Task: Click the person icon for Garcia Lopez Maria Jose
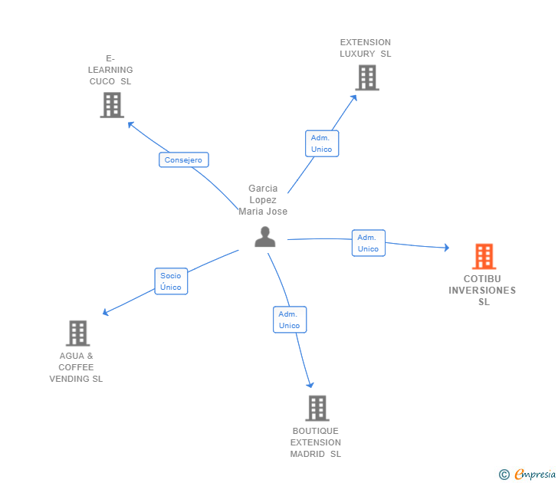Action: pyautogui.click(x=264, y=237)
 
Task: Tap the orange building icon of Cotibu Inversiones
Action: pyautogui.click(x=484, y=256)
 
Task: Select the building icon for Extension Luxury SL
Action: pyautogui.click(x=366, y=77)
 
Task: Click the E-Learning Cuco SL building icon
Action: pyautogui.click(x=112, y=105)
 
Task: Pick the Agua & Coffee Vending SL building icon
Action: pyautogui.click(x=77, y=333)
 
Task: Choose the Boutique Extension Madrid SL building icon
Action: pyautogui.click(x=317, y=408)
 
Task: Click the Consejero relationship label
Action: pyautogui.click(x=184, y=160)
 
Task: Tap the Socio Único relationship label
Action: pyautogui.click(x=171, y=281)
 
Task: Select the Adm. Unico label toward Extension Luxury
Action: pyautogui.click(x=322, y=143)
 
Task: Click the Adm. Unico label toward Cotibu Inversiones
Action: pyautogui.click(x=368, y=243)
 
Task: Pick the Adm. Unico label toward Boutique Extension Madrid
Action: pyautogui.click(x=290, y=320)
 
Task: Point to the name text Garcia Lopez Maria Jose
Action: pyautogui.click(x=263, y=200)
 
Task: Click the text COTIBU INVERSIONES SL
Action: pyautogui.click(x=483, y=291)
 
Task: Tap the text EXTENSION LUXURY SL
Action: pyautogui.click(x=366, y=48)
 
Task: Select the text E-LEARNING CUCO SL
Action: pyautogui.click(x=110, y=70)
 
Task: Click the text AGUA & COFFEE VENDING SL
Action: pyautogui.click(x=76, y=367)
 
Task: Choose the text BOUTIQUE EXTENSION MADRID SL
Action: pyautogui.click(x=316, y=442)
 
